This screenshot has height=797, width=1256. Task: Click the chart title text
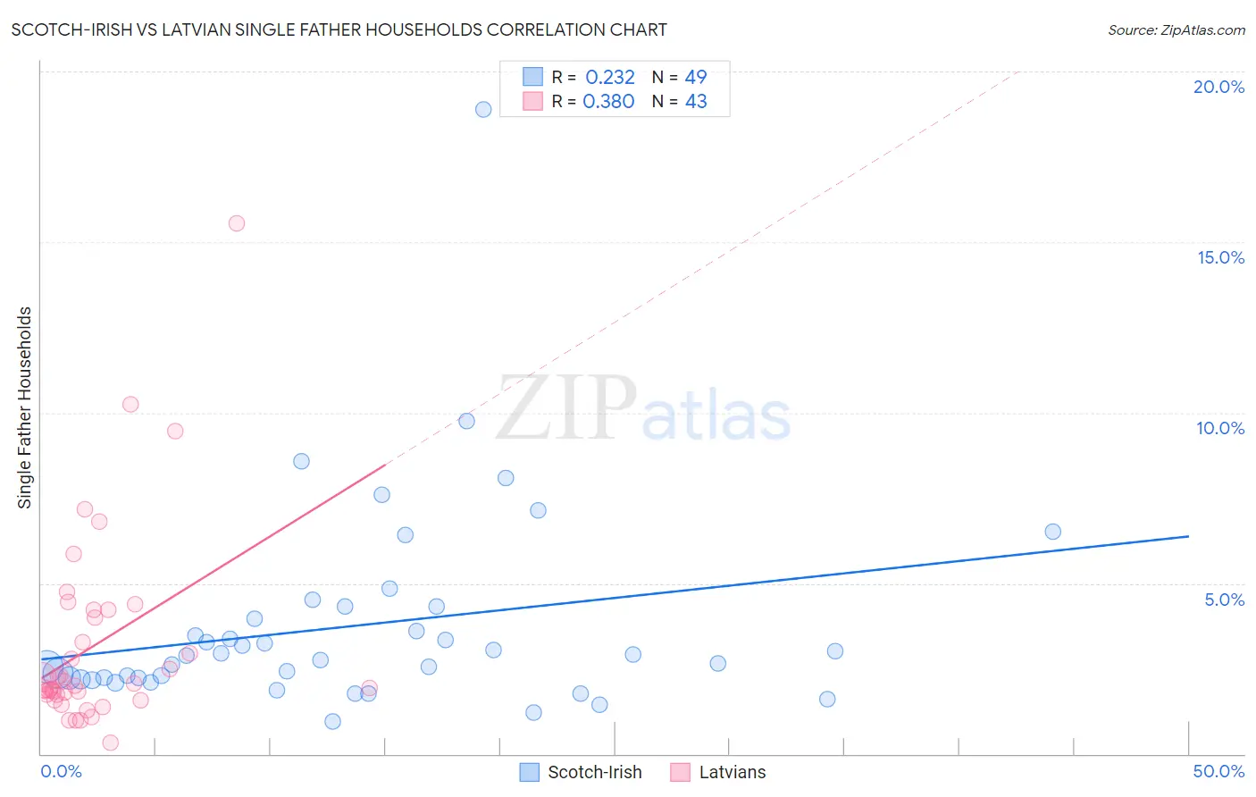(x=339, y=29)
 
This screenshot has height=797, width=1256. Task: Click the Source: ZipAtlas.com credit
(x=1176, y=29)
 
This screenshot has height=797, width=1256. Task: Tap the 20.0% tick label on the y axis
(x=1218, y=87)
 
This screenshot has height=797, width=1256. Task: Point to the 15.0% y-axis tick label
(x=1220, y=257)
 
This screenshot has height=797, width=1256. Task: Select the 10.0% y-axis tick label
(x=1220, y=428)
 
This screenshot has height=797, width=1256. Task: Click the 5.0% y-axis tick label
(x=1224, y=600)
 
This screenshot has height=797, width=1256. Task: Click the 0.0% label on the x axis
(x=61, y=771)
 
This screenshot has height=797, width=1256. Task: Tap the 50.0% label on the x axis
(x=1218, y=771)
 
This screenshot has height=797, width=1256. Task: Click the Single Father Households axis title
(x=25, y=407)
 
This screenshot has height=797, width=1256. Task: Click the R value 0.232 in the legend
(x=609, y=78)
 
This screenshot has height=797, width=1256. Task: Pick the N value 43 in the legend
(x=696, y=102)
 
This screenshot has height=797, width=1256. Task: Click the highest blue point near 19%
(x=483, y=109)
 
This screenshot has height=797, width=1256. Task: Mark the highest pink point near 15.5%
(x=237, y=223)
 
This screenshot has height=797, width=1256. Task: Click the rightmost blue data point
(x=1052, y=532)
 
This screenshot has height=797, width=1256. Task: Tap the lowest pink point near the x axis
(x=111, y=742)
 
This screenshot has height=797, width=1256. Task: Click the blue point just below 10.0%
(x=466, y=421)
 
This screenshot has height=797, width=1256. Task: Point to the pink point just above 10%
(x=130, y=404)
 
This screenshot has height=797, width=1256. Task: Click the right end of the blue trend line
(x=1188, y=536)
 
